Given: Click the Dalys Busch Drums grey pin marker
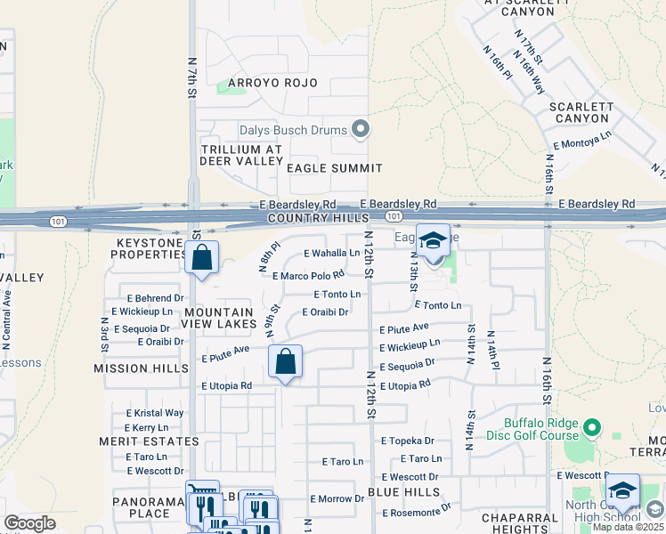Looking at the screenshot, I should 361,131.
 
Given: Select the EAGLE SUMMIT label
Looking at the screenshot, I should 334,168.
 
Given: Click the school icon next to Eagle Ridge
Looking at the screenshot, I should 433,241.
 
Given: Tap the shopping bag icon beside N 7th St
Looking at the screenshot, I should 202,258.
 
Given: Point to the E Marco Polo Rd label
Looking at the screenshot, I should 308,275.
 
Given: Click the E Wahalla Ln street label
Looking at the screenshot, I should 331,254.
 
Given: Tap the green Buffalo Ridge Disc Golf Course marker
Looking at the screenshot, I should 593,430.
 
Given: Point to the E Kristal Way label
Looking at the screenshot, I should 155,413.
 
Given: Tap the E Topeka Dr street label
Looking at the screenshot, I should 407,441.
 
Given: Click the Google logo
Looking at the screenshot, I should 29,523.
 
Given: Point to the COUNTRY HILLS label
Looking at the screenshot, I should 318,219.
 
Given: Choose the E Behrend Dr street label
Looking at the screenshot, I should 154,298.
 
